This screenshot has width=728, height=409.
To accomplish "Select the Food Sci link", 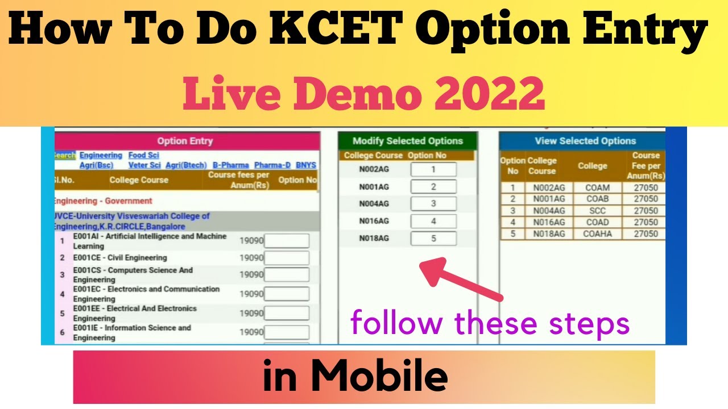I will (144, 155).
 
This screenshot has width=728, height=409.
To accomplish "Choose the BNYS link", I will (306, 165).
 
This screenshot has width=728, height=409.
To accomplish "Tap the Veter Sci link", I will (144, 165).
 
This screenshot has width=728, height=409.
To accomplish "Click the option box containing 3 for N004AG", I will (433, 204).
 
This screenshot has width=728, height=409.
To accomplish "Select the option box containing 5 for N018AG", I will (433, 239).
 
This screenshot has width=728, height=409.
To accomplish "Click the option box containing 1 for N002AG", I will (433, 169).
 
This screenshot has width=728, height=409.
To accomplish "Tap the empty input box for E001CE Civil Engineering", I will (287, 258).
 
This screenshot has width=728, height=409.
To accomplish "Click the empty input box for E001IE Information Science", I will (287, 332).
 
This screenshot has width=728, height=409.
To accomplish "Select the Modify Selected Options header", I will (408, 141).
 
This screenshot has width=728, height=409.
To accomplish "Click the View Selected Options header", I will (585, 141).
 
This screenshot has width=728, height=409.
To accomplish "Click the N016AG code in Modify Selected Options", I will (374, 221).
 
